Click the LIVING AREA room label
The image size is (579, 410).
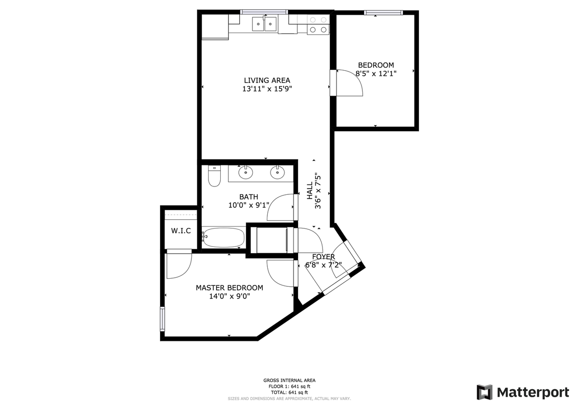pos(267,81)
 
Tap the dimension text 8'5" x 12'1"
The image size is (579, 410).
pos(375,73)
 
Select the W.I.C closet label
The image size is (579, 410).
pos(180,231)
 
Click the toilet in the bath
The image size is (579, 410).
pos(214,176)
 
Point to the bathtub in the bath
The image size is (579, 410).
pos(223,237)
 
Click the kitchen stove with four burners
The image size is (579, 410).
pos(318,24)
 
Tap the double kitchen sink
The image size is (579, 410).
pos(264,24)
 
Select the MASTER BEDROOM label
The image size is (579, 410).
pos(229,288)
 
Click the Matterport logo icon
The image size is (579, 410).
pos(484,392)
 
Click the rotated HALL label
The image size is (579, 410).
pos(309,191)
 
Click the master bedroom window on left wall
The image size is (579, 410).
pos(162,319)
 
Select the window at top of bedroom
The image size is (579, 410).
pos(383,13)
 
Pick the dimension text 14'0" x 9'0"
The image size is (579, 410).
pos(229,296)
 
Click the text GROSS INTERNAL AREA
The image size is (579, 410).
pos(289,381)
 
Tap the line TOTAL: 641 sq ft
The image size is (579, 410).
pos(289,392)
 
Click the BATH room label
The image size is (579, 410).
pos(249,197)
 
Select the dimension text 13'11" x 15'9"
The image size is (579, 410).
pos(267,89)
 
